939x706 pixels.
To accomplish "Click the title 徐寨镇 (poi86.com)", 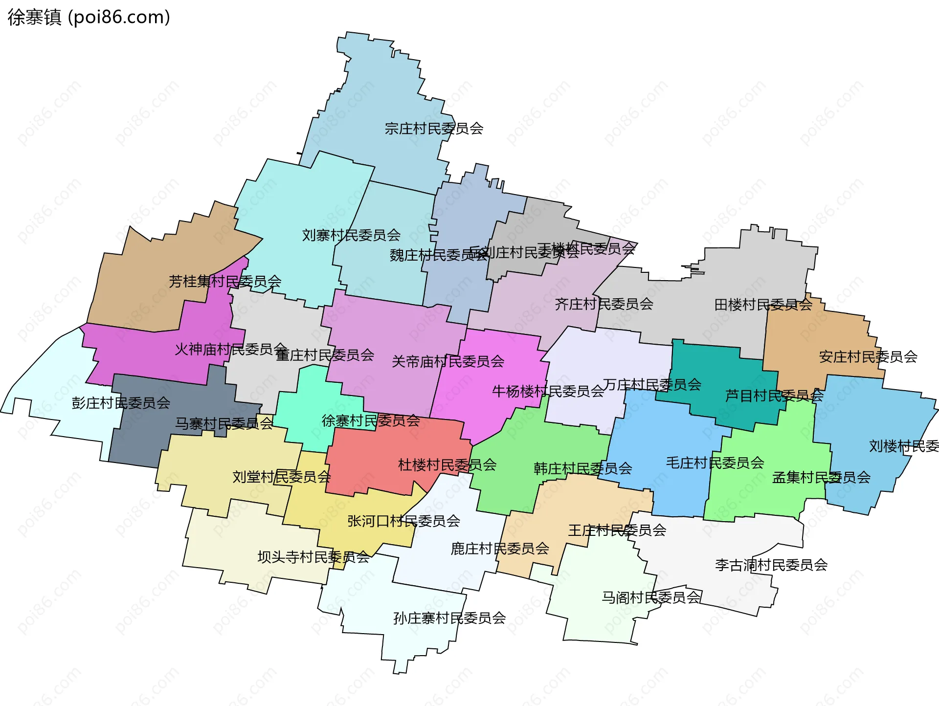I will tap(89, 17).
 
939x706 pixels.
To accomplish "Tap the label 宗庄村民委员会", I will tap(434, 129).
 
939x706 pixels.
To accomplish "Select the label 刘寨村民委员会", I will tap(351, 235).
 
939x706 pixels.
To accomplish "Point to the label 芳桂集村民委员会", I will tap(225, 281).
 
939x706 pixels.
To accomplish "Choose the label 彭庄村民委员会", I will tap(121, 403).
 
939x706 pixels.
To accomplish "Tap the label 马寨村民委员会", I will tap(224, 423).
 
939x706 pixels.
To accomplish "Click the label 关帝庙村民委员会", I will tap(448, 361).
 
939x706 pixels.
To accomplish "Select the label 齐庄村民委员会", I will tap(604, 304).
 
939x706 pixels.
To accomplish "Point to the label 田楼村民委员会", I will tap(763, 305).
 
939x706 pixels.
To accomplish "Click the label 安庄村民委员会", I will tap(868, 356).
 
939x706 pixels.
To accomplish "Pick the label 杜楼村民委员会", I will tap(447, 464).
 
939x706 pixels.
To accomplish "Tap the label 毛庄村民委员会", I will tap(715, 463).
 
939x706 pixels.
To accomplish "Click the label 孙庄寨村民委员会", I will tap(449, 618).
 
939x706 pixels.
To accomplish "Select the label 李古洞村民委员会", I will tap(771, 565).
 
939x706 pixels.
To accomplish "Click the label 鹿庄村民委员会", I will tap(500, 549).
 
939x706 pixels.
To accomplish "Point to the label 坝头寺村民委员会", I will tap(313, 557).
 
